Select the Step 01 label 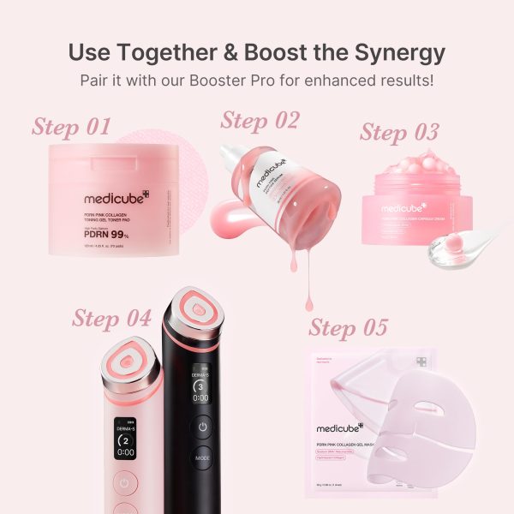click(72, 128)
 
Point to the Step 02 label click(260, 121)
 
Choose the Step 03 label click(399, 133)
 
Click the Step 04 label click(111, 318)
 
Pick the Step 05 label click(349, 328)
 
